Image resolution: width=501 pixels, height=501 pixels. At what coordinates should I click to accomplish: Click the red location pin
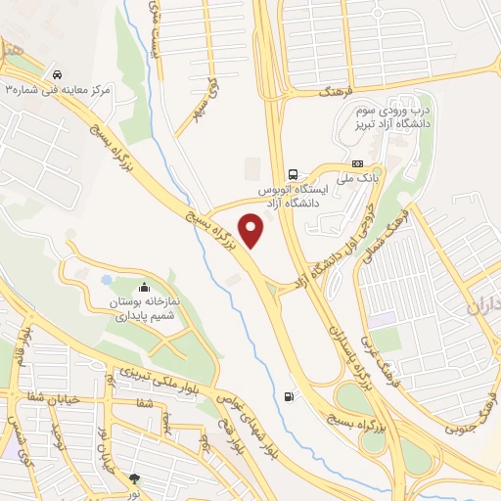251,231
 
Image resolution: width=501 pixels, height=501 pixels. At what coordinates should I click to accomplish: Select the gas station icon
288,396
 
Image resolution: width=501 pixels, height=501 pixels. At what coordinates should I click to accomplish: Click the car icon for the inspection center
59,74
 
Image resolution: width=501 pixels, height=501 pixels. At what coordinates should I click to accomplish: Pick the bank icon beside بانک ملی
357,163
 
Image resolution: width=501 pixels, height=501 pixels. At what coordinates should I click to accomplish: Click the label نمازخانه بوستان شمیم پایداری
145,309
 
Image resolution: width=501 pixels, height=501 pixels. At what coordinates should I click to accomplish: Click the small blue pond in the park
106,280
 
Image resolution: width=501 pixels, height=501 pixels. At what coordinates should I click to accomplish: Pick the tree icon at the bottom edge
134,479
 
